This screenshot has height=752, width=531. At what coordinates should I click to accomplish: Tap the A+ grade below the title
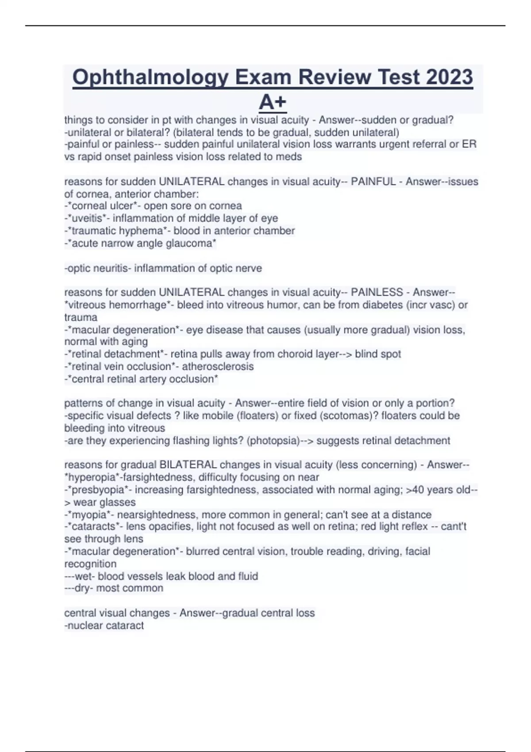(x=273, y=102)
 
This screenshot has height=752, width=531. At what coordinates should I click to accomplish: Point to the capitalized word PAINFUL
(x=373, y=182)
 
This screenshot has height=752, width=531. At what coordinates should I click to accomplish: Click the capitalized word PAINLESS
(x=377, y=292)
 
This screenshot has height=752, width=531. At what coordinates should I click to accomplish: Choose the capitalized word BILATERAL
(x=188, y=465)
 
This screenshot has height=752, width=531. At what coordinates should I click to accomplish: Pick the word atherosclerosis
(x=218, y=367)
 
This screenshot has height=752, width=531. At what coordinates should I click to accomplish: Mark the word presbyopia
(x=99, y=490)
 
